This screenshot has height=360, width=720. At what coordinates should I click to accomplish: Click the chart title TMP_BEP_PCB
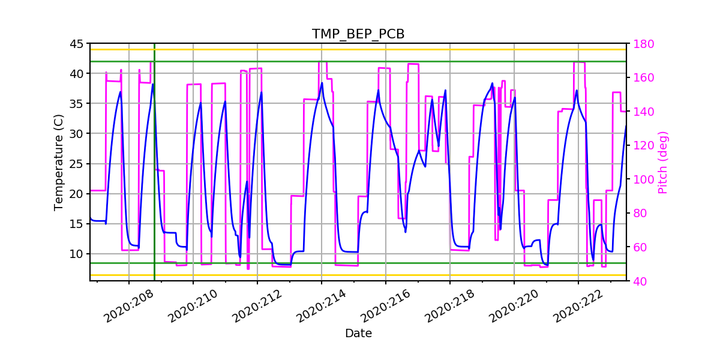358,34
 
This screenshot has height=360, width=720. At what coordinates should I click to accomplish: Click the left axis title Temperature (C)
58,162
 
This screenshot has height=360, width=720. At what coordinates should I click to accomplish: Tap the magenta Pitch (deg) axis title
662,162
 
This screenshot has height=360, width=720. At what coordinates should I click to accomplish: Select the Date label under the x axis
358,334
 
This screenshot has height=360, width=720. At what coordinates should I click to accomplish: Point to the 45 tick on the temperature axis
76,44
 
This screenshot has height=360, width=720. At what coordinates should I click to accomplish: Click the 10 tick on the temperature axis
76,254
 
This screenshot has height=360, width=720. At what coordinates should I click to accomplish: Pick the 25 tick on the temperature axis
76,164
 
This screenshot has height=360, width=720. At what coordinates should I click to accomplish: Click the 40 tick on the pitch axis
637,281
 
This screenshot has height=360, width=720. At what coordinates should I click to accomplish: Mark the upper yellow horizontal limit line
360,49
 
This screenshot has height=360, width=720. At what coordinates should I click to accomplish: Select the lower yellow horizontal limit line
360,275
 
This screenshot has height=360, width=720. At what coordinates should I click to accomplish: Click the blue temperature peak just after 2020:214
322,83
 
